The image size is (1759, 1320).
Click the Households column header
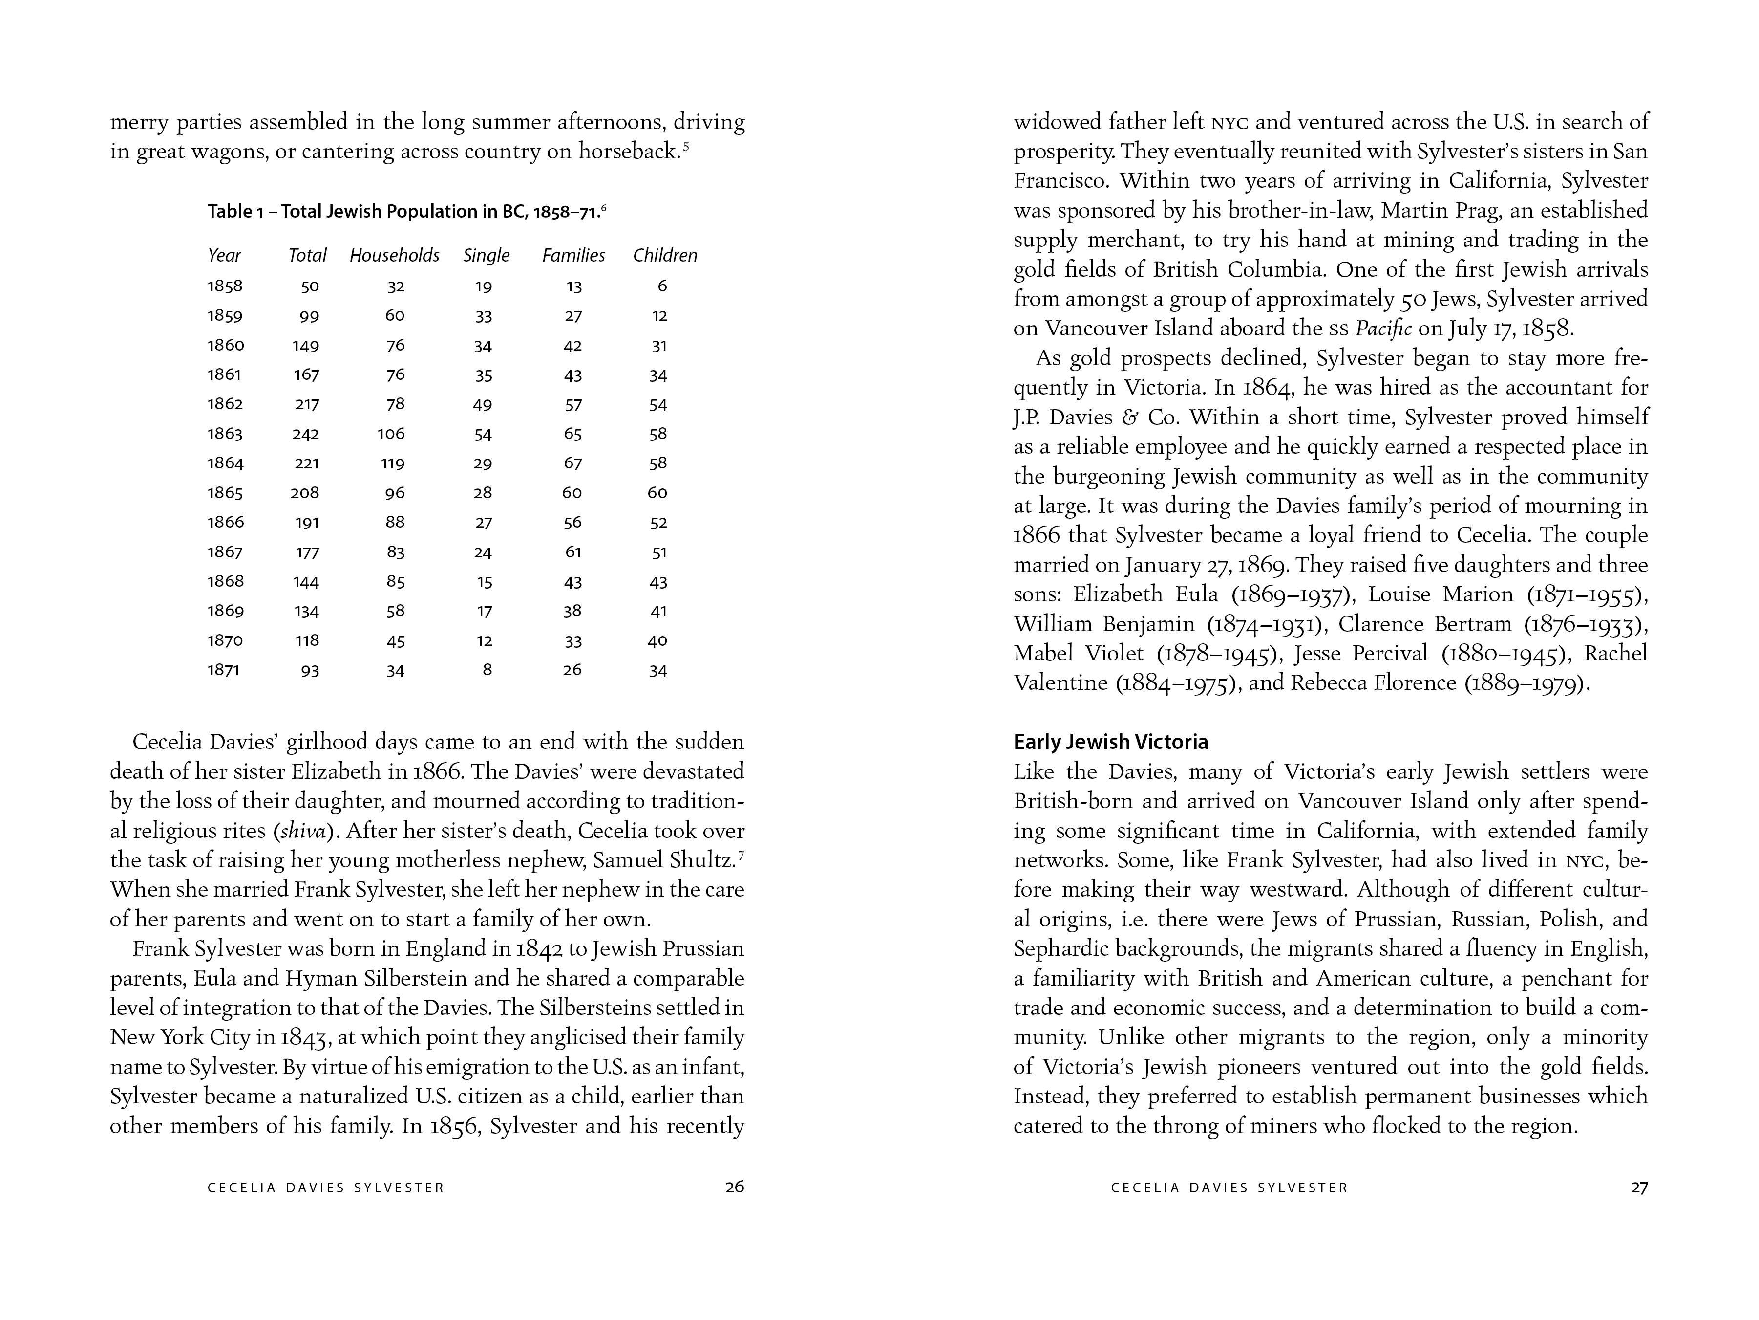394,255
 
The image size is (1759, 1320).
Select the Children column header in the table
665,255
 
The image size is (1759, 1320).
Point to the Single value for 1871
487,670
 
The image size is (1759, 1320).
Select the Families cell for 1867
572,552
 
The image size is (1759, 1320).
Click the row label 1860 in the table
226,345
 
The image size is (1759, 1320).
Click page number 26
734,1187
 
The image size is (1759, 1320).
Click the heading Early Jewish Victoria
1110,742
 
